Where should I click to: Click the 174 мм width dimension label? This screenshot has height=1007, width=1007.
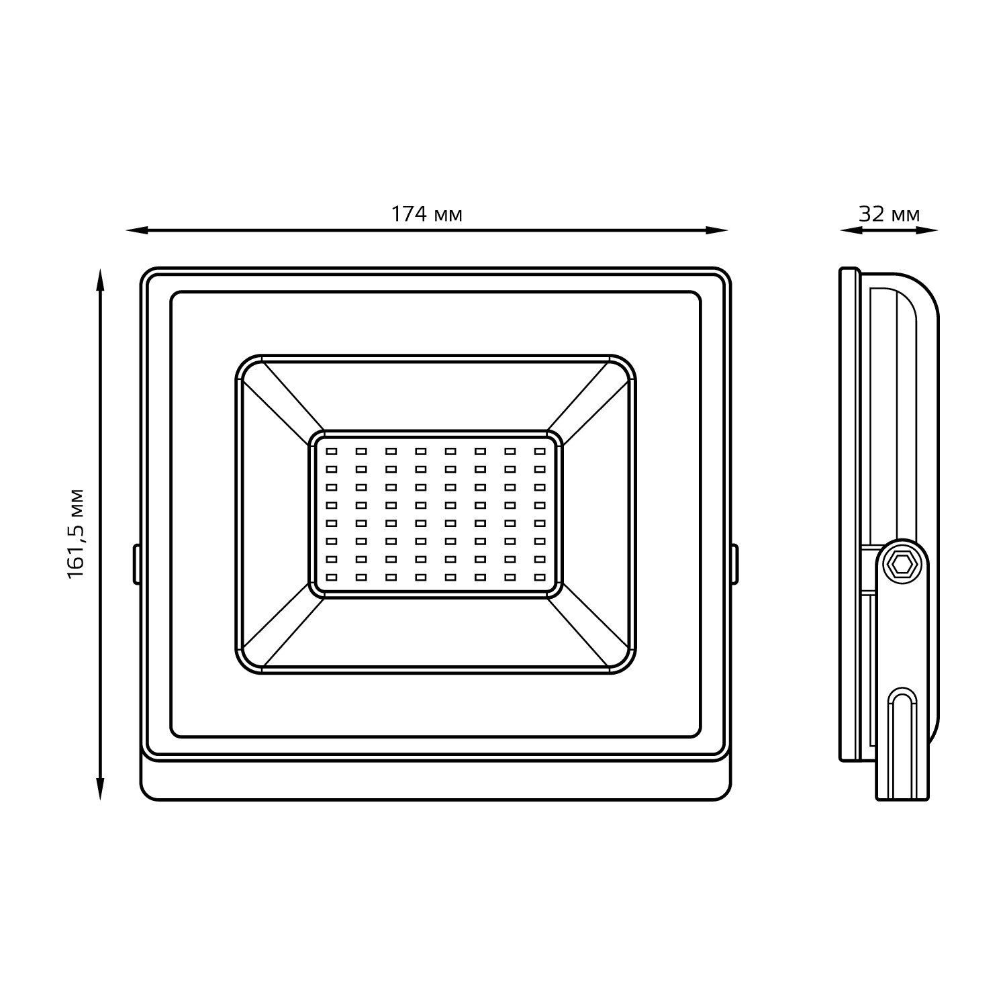pos(426,213)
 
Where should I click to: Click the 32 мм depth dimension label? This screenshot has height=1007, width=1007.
pos(889,213)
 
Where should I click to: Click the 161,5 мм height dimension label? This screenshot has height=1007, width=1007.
pos(76,534)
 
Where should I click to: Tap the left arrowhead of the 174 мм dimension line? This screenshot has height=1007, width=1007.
pos(137,230)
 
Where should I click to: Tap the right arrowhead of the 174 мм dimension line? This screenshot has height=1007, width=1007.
pos(717,230)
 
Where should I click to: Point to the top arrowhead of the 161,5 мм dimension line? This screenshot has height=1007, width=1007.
pos(100,280)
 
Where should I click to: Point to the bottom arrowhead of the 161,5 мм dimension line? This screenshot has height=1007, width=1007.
pos(100,789)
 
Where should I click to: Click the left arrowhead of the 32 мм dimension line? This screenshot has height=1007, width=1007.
pos(851,230)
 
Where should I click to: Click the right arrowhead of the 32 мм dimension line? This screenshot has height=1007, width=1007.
pos(927,230)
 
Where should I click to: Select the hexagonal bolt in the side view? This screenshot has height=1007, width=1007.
pos(901,565)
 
